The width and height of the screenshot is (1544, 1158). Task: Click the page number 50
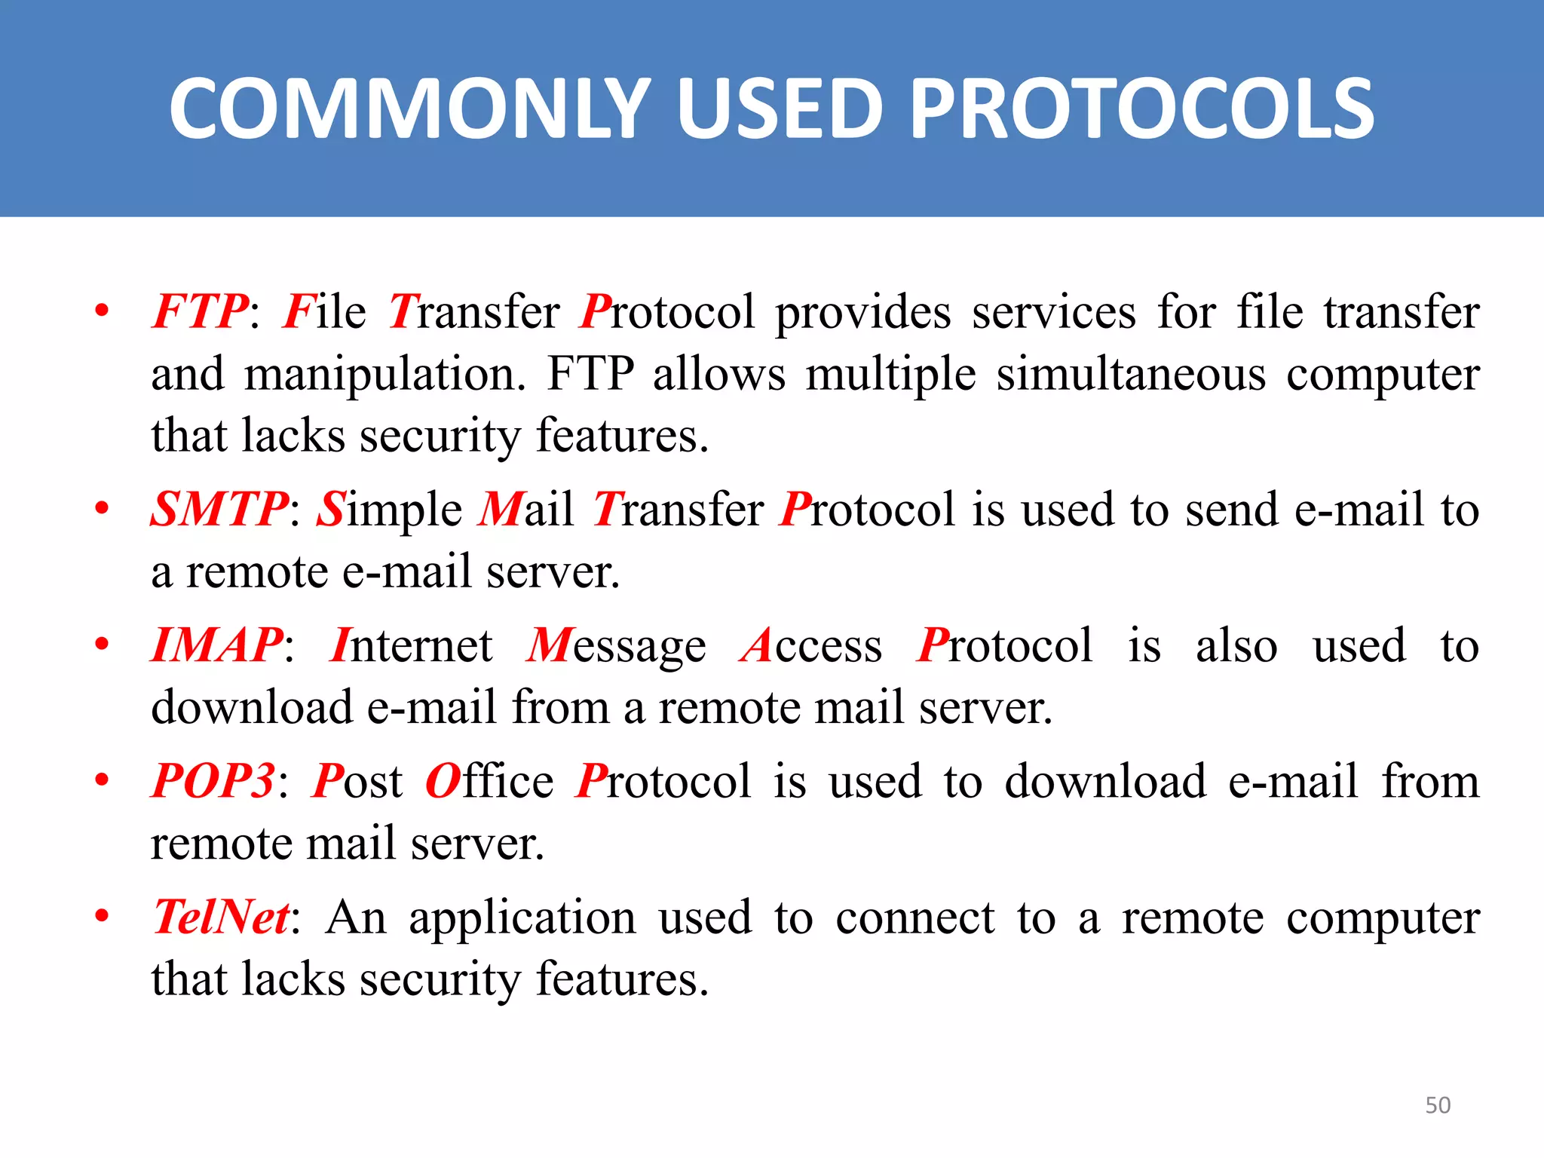pos(1438,1105)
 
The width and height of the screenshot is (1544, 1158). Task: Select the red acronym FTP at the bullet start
pos(200,311)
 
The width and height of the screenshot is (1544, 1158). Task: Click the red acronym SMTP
pos(219,509)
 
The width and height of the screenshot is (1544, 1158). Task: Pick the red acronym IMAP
pos(217,645)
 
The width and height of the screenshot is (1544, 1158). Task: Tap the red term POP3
pos(213,780)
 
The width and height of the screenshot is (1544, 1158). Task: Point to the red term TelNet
pos(221,917)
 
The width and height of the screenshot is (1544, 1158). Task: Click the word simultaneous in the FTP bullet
pos(1131,374)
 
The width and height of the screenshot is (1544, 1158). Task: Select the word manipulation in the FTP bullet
pos(384,375)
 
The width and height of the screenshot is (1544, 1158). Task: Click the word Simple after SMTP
pos(389,510)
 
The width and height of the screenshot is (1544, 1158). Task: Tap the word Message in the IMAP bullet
pos(616,647)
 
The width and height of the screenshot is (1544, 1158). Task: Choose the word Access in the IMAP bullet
pos(811,646)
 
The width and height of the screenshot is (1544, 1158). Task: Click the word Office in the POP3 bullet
pos(489,781)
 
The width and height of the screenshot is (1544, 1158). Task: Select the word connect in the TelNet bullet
pos(915,918)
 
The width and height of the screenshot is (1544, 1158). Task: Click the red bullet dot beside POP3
pos(102,780)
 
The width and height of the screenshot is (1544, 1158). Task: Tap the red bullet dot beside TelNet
pos(102,916)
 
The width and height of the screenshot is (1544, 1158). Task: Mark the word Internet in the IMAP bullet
pos(412,645)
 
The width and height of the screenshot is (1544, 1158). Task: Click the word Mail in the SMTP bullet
pos(526,509)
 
